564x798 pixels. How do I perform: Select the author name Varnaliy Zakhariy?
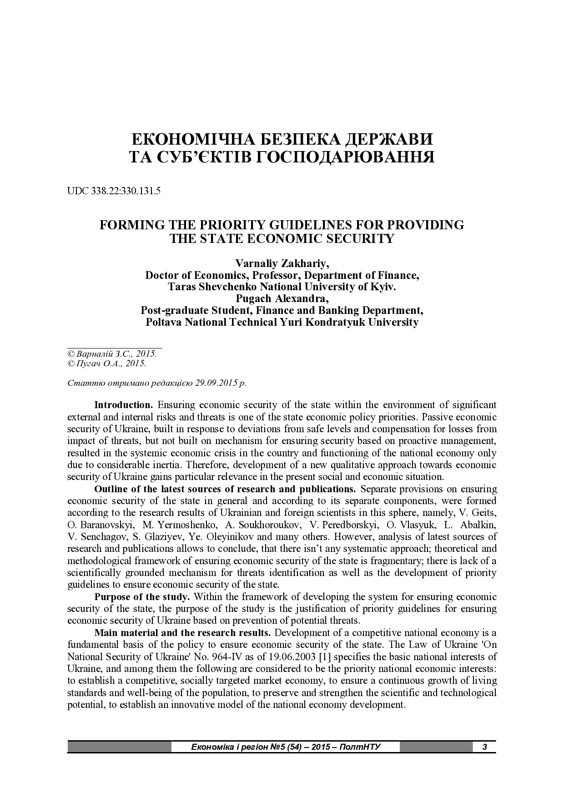point(282,263)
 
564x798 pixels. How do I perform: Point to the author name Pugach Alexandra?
point(282,299)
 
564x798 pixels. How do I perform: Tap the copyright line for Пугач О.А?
point(106,364)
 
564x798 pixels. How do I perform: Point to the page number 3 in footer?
point(484,747)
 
